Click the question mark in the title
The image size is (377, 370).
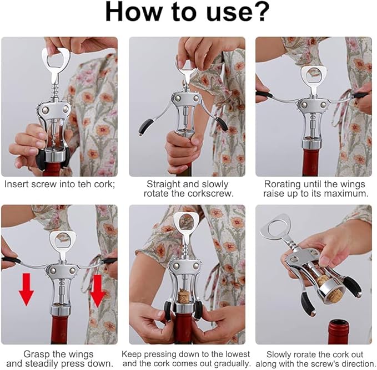260,12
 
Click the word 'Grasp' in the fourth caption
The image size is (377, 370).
37,354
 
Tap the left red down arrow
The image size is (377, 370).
27,290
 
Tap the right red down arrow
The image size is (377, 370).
97,291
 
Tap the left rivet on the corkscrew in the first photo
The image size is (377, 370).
45,110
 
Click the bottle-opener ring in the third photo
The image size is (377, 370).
314,72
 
